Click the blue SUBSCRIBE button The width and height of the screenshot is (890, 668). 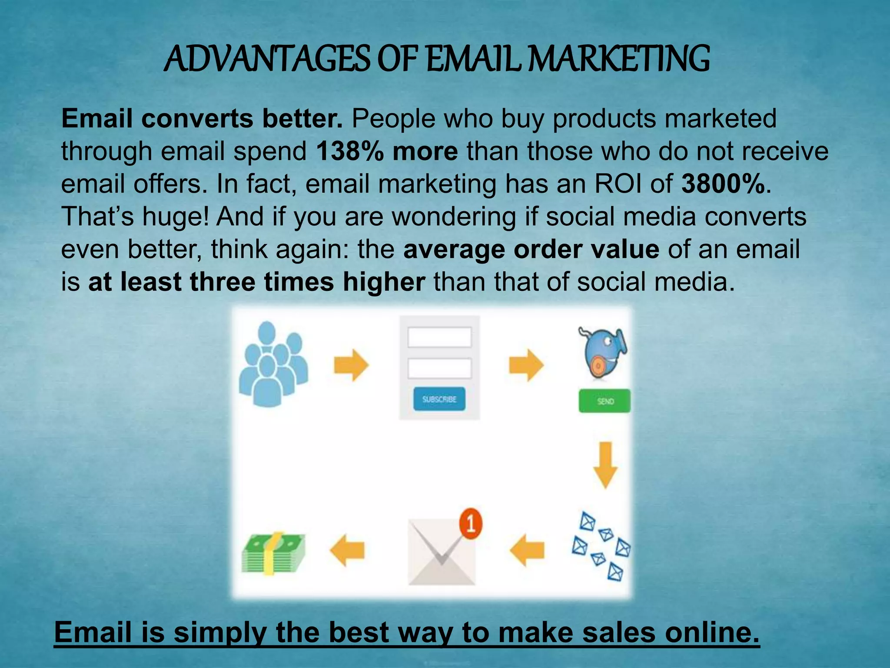point(439,399)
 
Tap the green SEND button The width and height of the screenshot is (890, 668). point(604,401)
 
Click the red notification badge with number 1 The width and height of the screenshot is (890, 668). point(470,524)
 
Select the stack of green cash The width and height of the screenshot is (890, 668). point(273,553)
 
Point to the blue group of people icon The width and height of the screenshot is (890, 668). point(273,364)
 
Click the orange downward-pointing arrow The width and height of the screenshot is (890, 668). point(605,465)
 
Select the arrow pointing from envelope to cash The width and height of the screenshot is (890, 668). point(347,550)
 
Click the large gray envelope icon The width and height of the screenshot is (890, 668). point(441,552)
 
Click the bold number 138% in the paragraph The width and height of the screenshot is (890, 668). point(350,151)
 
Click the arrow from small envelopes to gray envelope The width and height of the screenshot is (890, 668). point(527,550)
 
